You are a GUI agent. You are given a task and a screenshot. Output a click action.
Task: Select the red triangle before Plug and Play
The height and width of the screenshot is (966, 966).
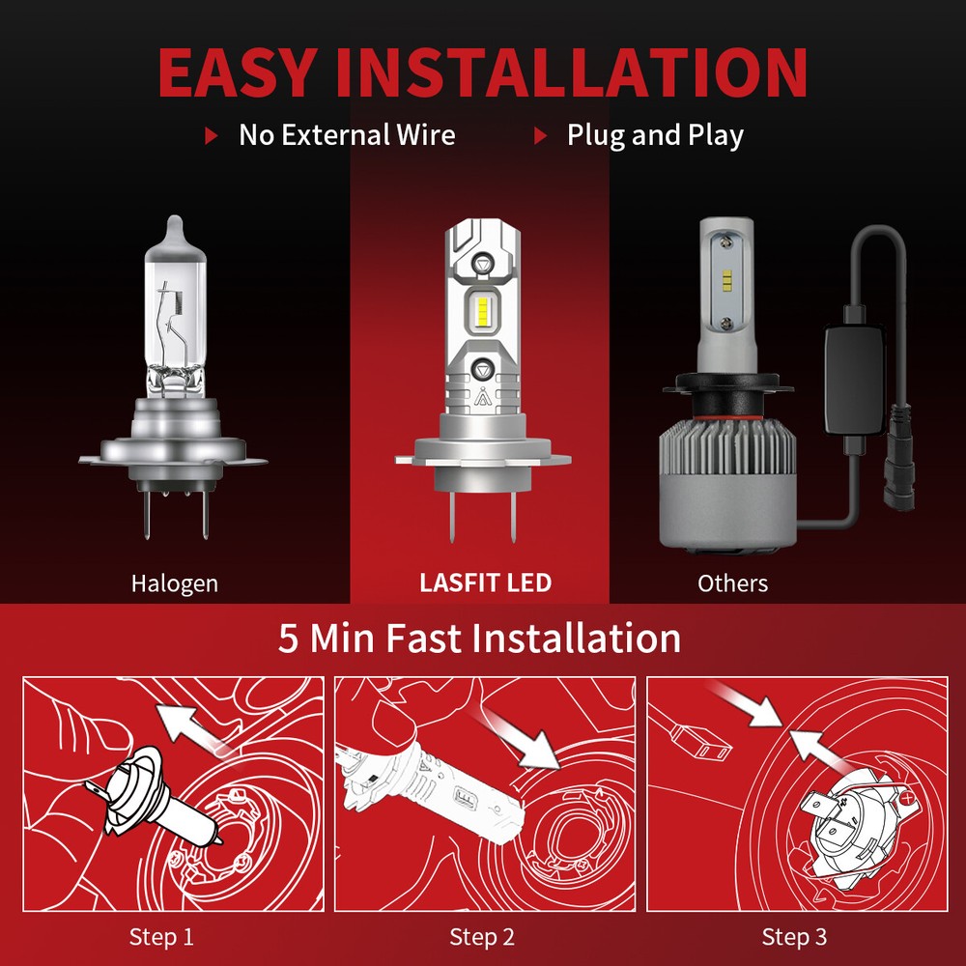coord(541,136)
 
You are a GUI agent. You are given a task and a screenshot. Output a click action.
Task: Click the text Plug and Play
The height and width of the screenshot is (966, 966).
coord(655,135)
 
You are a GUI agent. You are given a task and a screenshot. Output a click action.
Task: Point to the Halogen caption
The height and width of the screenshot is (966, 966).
coord(175,583)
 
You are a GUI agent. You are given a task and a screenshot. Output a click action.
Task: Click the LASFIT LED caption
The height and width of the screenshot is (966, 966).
coord(486,583)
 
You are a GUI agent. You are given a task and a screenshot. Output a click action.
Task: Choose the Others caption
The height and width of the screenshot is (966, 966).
coord(732,583)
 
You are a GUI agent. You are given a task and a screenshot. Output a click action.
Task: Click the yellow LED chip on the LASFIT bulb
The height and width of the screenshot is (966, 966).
coord(483,309)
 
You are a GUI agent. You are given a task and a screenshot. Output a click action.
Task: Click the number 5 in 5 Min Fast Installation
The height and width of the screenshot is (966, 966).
coord(289,639)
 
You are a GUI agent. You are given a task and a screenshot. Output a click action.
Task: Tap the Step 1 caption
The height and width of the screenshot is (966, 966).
coord(161,936)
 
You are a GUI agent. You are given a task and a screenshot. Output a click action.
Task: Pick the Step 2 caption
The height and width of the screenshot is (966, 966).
coord(482,936)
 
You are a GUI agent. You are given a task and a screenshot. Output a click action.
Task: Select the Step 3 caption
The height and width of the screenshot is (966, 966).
coord(794,936)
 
